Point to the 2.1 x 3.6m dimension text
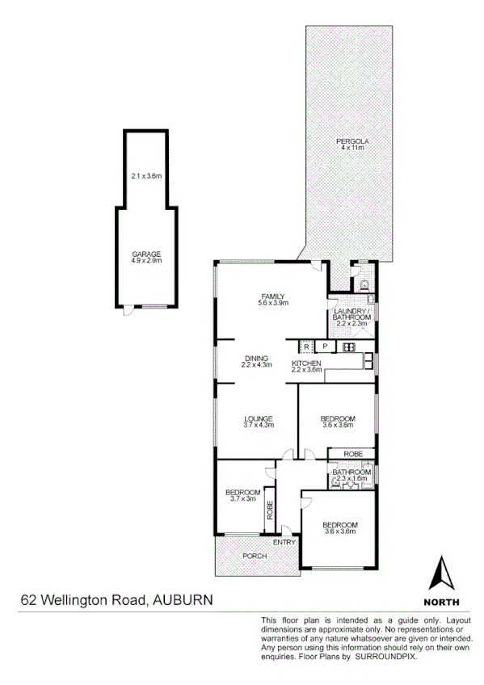tap(146, 176)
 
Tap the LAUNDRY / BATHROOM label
tap(351, 313)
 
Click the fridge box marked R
tap(307, 347)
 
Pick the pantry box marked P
tap(324, 347)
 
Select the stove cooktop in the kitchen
tap(350, 347)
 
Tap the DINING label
tap(258, 359)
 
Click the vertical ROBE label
tap(271, 509)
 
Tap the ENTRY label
tap(284, 542)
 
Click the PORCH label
tap(255, 556)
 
